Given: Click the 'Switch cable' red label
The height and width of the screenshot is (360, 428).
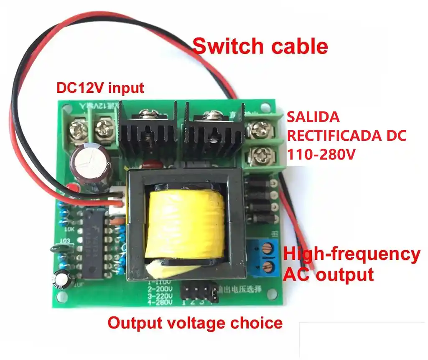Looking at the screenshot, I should coord(260,46).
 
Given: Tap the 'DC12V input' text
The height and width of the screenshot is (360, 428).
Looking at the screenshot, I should coord(100,88).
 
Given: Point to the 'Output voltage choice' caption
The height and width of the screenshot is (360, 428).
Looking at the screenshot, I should coord(195,322).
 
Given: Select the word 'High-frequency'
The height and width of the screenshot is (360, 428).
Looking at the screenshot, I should coord(352,254).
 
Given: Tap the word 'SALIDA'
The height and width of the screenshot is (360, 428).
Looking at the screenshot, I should coord(313,117).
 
